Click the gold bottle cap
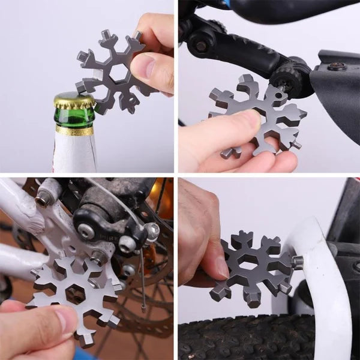click(74, 101)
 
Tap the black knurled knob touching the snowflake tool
click(295, 78)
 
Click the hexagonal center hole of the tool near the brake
click(75, 293)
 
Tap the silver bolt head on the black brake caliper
click(127, 244)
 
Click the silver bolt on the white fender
click(296, 262)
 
